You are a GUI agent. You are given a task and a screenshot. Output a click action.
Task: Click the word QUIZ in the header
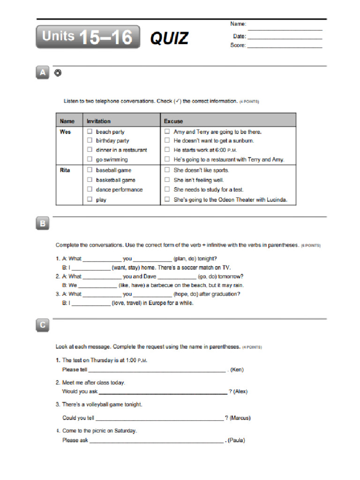169,38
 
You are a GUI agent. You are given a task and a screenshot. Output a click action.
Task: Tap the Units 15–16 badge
88,37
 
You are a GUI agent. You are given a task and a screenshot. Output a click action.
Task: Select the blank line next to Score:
285,46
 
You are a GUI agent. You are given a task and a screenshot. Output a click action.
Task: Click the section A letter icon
43,73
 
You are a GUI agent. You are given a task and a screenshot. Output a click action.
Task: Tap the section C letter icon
43,325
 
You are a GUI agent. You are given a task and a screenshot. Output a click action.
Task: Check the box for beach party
90,132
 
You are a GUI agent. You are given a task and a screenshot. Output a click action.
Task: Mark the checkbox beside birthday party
90,141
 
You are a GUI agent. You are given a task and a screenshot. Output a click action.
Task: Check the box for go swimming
90,160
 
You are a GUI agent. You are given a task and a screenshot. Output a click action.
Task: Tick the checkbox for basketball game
90,180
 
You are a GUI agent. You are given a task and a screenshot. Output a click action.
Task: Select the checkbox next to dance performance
90,190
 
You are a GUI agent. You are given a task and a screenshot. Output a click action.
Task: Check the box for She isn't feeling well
166,180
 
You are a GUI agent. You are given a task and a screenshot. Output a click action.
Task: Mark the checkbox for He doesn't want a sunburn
166,141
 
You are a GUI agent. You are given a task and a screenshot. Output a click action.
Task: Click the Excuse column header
173,121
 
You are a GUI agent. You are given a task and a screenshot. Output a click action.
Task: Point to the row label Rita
65,170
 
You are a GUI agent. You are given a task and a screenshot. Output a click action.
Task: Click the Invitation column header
99,121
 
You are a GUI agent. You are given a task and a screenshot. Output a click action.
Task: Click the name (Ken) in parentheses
237,370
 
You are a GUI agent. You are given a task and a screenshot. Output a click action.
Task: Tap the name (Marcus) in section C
240,418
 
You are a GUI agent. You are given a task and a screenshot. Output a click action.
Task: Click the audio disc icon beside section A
58,73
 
